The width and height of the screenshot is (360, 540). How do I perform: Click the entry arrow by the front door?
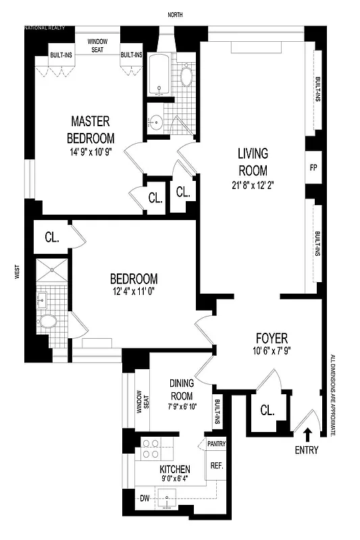tap(308, 435)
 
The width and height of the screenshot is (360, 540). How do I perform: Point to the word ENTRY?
tap(308, 450)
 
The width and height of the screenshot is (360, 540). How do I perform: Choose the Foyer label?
tap(272, 338)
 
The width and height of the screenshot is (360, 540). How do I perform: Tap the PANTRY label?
tap(216, 443)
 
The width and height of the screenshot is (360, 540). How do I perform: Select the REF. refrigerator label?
tap(216, 465)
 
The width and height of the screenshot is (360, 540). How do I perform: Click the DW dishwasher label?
tap(144, 499)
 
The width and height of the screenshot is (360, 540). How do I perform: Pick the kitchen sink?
tap(169, 500)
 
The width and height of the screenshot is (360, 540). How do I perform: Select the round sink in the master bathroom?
tap(156, 122)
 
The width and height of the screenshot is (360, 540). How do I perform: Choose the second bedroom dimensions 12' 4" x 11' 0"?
tap(134, 292)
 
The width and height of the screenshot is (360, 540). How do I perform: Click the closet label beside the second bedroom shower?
tap(52, 238)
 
